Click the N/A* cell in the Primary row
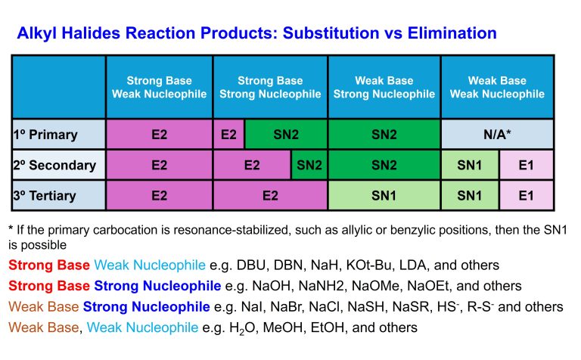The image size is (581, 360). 497,135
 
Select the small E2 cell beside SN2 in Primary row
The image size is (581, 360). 228,135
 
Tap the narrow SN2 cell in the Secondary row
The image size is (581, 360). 309,165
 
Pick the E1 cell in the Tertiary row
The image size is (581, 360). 527,195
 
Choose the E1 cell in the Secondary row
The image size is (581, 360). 527,165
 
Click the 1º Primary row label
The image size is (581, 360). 47,135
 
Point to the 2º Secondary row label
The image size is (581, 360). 54,165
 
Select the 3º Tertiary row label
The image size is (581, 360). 46,195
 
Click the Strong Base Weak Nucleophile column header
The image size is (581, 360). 159,87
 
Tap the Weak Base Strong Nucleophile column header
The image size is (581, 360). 384,87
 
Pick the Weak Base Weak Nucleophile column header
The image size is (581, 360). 497,87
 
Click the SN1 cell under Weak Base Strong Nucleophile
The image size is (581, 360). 384,195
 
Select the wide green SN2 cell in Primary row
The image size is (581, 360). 285,135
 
